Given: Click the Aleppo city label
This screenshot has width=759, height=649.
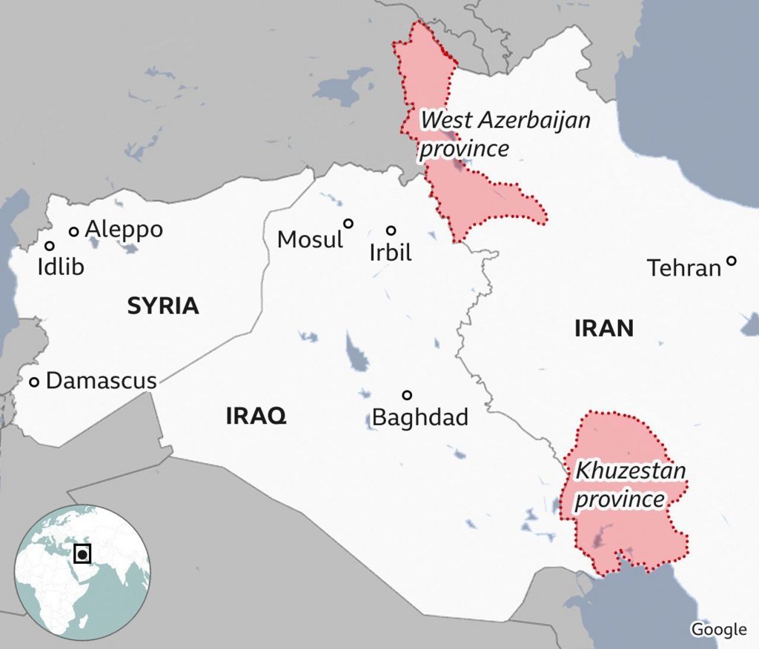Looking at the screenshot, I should tap(124, 230).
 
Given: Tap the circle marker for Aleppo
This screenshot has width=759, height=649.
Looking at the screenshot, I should tap(74, 232).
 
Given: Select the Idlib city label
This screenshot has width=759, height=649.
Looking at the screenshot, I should tap(61, 267).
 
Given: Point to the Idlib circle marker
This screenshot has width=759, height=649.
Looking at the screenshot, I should tap(50, 246).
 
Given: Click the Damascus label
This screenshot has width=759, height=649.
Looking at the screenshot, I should tap(102, 382).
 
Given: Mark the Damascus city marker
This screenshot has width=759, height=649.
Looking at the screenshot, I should tap(34, 382).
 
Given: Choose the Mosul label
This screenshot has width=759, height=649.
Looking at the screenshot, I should tap(310, 239).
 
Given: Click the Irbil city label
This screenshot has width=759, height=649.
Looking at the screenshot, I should tap(390, 253).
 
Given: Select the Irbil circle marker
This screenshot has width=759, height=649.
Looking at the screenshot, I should tap(391, 230).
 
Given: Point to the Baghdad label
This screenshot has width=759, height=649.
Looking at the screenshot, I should tap(420, 417).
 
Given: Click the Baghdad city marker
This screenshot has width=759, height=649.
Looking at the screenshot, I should tap(407, 395).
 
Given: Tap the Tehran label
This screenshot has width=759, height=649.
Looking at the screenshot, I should tap(684, 267).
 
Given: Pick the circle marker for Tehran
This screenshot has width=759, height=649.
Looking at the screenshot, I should tap(732, 261).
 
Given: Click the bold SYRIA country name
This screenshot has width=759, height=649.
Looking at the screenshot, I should tap(163, 306).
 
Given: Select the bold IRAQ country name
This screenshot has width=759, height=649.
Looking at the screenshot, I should tap(256, 416).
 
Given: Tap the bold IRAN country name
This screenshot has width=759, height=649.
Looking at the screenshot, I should tap(604, 328).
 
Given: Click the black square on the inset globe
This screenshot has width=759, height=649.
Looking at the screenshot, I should tap(83, 553).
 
